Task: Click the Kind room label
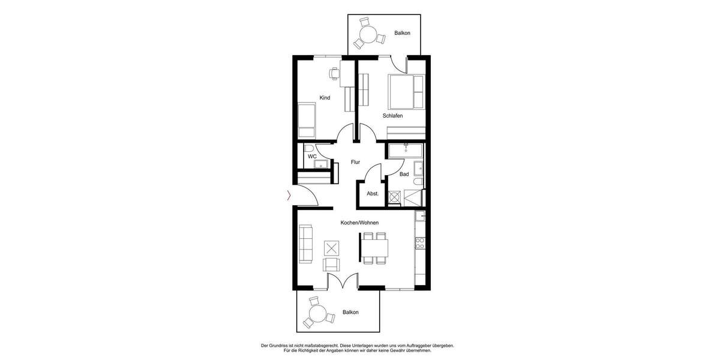pos(325,98)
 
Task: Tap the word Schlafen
pos(392,115)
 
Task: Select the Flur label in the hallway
pos(355,162)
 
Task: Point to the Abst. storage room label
pos(372,194)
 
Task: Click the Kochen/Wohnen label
pos(359,223)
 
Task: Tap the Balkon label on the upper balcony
pos(402,33)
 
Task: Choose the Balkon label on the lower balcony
pos(350,312)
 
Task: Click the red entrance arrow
pos(289,194)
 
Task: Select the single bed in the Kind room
pos(307,120)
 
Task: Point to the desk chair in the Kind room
pos(334,74)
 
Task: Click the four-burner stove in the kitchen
pos(420,243)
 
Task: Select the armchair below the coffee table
pos(332,264)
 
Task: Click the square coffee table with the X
pos(332,247)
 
